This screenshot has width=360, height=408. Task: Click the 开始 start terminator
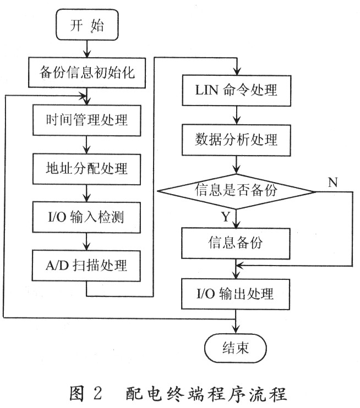(x=88, y=25)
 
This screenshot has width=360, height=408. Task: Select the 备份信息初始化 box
(x=87, y=73)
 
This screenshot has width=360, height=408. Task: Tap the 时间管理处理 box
(x=87, y=120)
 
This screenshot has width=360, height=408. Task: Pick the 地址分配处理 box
(x=87, y=169)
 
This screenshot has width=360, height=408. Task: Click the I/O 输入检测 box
(x=86, y=217)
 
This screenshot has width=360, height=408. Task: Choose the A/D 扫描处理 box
(x=86, y=266)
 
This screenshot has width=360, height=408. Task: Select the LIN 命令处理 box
(x=237, y=91)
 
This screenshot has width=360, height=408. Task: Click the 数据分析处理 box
(x=236, y=140)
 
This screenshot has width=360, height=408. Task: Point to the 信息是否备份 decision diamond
(x=237, y=192)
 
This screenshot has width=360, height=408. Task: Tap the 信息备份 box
(x=236, y=243)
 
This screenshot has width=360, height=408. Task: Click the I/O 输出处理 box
(x=236, y=294)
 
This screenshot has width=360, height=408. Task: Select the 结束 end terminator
(x=236, y=348)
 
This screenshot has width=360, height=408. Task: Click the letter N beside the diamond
(x=332, y=183)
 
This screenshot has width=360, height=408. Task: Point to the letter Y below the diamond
(x=226, y=217)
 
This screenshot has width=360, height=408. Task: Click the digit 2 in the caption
(x=97, y=393)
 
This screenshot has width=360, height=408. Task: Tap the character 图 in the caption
(x=77, y=393)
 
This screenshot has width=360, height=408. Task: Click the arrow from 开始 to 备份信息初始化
(x=87, y=49)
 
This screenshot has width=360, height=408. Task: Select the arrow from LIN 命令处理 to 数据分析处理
(x=237, y=115)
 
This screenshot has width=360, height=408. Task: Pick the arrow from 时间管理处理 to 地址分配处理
(x=87, y=145)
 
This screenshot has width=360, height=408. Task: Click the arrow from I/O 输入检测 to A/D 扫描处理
(x=86, y=242)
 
